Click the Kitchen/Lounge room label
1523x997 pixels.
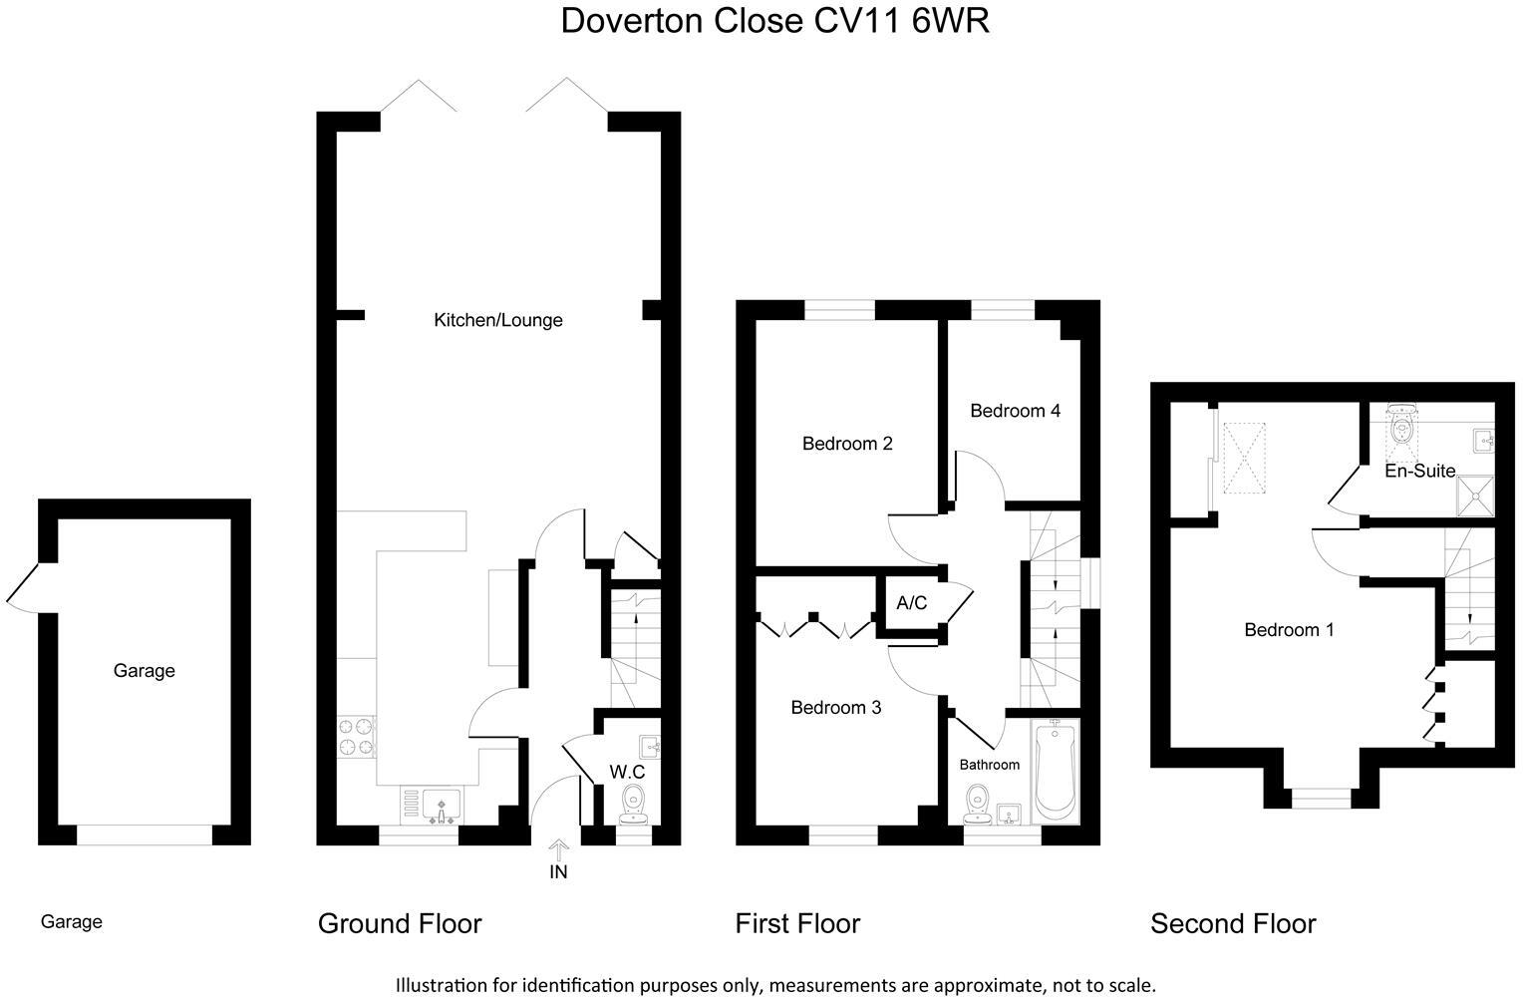(x=497, y=320)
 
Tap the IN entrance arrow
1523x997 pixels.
(x=558, y=851)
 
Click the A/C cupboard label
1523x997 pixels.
(x=911, y=603)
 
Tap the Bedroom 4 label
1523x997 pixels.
(x=1015, y=411)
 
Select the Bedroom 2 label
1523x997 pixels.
(x=847, y=444)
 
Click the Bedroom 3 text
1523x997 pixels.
(x=835, y=708)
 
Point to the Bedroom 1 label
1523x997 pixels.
(x=1289, y=630)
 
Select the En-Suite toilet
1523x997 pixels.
(x=1402, y=424)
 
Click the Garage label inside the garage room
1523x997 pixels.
(x=144, y=671)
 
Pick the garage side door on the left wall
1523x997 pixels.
(x=22, y=586)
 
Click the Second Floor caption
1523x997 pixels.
(x=1233, y=924)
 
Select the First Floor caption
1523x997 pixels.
(x=797, y=924)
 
